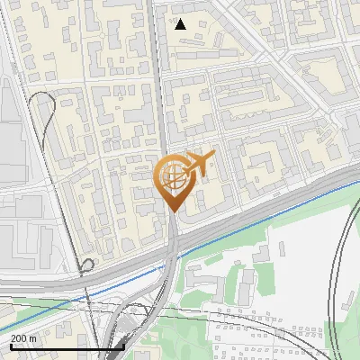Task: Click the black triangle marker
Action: [181, 24]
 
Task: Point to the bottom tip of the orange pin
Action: [171, 211]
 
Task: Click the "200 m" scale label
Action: [24, 337]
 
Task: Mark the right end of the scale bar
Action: [123, 346]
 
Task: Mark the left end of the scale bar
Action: [10, 346]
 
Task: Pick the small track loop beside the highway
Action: [87, 265]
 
